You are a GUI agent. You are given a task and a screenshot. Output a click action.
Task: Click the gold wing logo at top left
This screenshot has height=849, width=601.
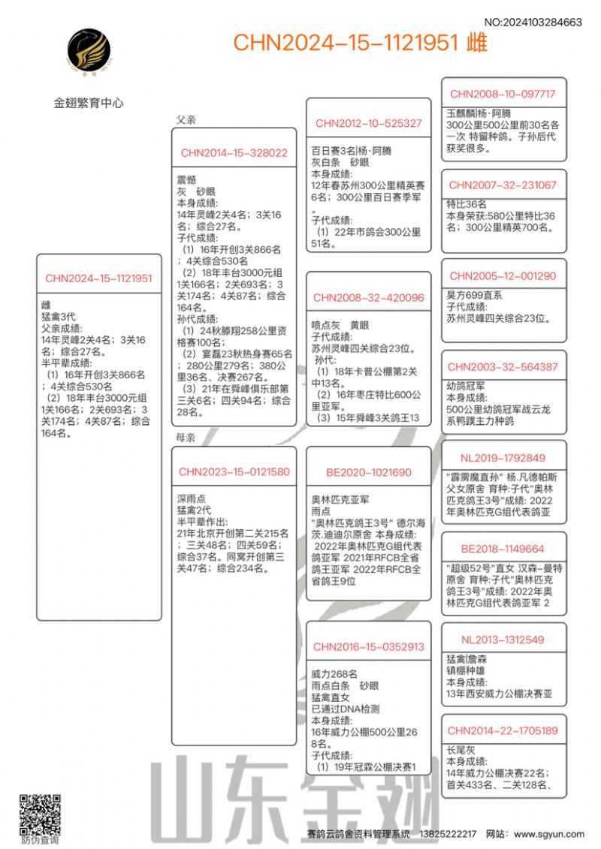click(x=89, y=53)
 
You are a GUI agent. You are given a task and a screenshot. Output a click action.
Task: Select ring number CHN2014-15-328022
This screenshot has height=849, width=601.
click(x=234, y=153)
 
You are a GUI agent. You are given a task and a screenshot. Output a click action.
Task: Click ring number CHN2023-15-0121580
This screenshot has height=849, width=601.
click(x=234, y=472)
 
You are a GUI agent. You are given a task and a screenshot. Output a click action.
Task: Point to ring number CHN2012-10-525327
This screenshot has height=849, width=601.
click(x=368, y=124)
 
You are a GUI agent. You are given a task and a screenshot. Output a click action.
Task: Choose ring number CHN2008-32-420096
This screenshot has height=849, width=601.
click(x=368, y=298)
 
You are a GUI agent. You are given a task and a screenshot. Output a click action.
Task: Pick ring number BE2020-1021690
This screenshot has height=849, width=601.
click(x=368, y=472)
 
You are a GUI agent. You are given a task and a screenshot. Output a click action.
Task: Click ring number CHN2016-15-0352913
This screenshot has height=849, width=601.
click(x=368, y=646)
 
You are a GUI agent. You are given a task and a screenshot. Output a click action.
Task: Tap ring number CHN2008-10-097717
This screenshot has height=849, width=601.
click(x=503, y=94)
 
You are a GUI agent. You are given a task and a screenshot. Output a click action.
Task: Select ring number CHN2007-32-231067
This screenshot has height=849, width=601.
click(x=503, y=185)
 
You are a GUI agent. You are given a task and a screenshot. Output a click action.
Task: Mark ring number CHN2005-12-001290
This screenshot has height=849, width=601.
click(x=503, y=275)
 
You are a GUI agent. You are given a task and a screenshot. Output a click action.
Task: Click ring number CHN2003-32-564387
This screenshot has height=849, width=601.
click(x=503, y=366)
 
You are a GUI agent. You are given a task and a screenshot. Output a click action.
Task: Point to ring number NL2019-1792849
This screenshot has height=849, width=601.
click(x=503, y=457)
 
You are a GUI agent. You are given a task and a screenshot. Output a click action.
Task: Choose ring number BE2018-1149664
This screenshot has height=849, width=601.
click(x=503, y=549)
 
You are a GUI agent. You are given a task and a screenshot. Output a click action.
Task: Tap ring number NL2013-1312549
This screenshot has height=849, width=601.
click(x=503, y=640)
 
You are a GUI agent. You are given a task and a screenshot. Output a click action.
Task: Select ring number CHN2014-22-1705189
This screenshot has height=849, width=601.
click(x=503, y=730)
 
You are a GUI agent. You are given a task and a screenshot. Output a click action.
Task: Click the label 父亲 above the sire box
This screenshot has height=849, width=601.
click(x=186, y=119)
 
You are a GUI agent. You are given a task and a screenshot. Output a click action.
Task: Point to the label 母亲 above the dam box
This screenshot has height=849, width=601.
click(x=186, y=438)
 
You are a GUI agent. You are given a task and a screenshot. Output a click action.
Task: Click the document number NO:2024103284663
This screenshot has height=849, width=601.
click(x=533, y=23)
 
